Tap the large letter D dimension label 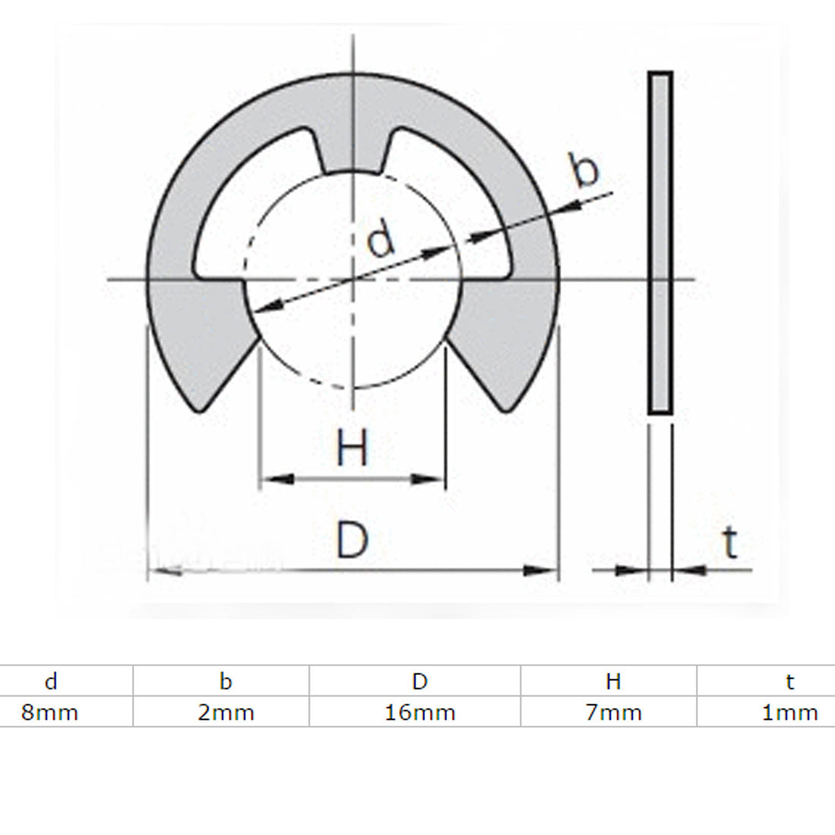pos(352,540)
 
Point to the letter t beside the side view pos(729,543)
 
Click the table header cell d pos(51,681)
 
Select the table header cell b pos(225,681)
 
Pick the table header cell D pos(420,681)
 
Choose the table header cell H pos(613,681)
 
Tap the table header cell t pos(790,681)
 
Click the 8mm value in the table pos(50,713)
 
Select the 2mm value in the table pos(225,713)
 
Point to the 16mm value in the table pos(420,713)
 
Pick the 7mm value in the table pos(613,713)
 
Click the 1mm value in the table pos(790,713)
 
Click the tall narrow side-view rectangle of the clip pos(660,243)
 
